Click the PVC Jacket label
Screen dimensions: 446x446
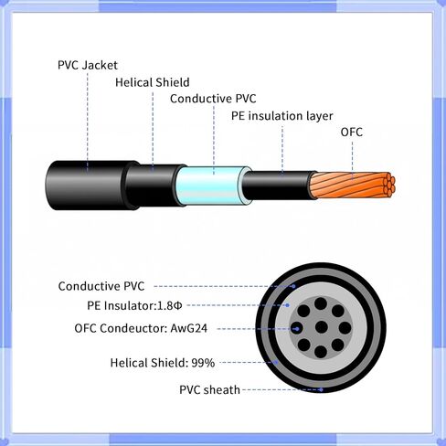[x=88, y=65]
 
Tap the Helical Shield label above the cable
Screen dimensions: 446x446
[x=153, y=82]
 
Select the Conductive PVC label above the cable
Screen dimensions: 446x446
[x=213, y=99]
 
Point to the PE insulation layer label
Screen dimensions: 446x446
[x=281, y=116]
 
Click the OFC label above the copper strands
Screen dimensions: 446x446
[x=352, y=133]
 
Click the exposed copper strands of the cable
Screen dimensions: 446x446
[x=353, y=186]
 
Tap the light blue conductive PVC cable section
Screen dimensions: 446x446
[x=212, y=186]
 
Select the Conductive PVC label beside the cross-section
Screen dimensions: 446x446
[x=101, y=286]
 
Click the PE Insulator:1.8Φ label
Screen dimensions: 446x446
[x=134, y=305]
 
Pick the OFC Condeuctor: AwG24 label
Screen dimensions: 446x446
[x=141, y=328]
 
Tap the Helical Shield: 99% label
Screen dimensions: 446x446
[x=163, y=363]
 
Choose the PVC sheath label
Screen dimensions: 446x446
[x=209, y=390]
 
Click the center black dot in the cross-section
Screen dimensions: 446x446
[x=321, y=327]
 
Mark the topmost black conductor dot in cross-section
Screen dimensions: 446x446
[x=321, y=303]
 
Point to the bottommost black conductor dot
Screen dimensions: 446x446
[x=321, y=352]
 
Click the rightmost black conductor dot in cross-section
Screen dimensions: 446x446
[x=345, y=328]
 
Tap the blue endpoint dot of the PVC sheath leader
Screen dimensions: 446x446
[x=321, y=389]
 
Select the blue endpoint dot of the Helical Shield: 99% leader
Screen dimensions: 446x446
[x=277, y=363]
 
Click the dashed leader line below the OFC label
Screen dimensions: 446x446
[x=353, y=160]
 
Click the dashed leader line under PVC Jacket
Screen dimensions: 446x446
[x=88, y=122]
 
